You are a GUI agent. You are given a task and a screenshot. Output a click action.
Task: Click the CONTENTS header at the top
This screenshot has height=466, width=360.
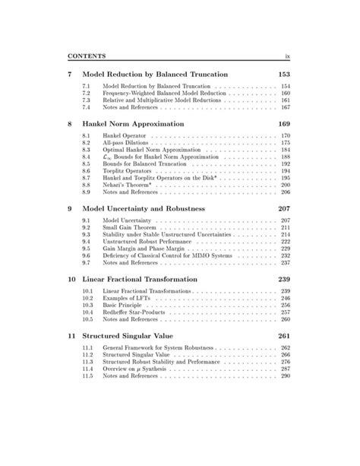coord(86,55)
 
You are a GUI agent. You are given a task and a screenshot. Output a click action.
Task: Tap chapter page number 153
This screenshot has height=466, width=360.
coord(283,74)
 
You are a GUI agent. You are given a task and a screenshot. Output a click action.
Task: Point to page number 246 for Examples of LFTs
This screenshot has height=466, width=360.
coord(285,298)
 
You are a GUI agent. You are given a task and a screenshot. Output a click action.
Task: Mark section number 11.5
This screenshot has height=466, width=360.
coord(87,376)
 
